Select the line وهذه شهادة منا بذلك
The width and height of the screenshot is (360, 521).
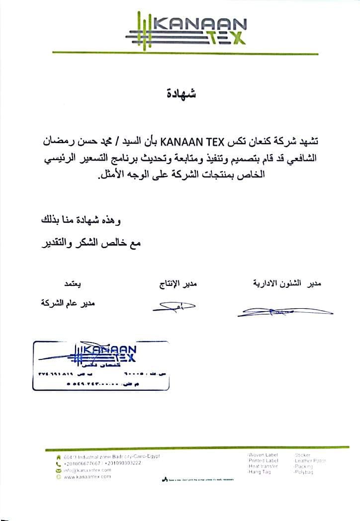[81, 220]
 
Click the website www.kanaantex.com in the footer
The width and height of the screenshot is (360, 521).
[87, 476]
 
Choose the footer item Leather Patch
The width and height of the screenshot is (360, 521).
[310, 461]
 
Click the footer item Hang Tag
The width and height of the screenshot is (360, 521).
[260, 472]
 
